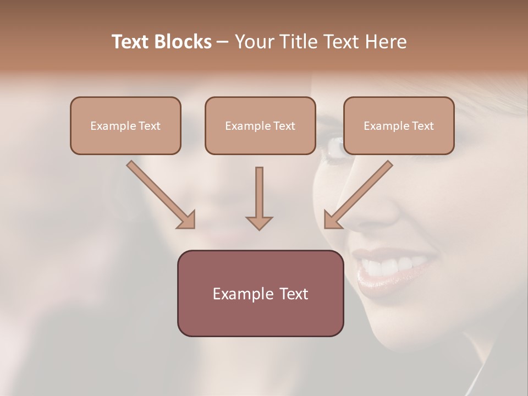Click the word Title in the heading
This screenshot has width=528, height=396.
[x=295, y=42]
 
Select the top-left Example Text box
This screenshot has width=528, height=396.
[x=125, y=126]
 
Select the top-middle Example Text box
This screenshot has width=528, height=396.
[x=260, y=126]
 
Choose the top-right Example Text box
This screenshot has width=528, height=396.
[x=399, y=126]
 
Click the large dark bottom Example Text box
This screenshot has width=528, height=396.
[x=260, y=294]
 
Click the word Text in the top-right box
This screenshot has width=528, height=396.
[x=422, y=126]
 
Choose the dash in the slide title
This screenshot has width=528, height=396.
[x=223, y=42]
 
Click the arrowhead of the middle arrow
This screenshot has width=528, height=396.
[x=259, y=223]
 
